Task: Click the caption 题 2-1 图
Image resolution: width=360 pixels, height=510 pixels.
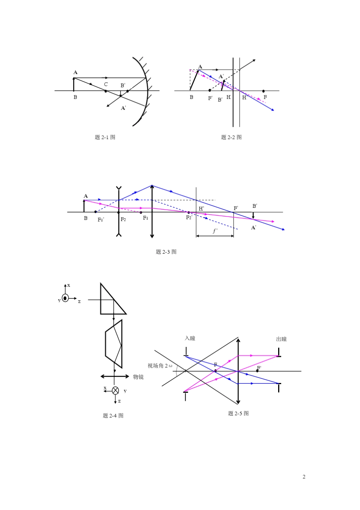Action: click(105, 137)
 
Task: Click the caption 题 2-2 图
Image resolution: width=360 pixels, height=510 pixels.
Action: click(231, 137)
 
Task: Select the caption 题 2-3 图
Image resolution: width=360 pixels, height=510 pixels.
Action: click(166, 252)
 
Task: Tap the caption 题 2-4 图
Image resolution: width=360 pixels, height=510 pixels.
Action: click(113, 416)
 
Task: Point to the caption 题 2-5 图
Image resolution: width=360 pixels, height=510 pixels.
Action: click(238, 413)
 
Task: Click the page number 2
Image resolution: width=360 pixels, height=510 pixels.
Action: click(304, 477)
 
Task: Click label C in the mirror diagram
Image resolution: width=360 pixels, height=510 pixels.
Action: click(106, 85)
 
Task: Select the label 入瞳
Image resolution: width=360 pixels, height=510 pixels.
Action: click(190, 338)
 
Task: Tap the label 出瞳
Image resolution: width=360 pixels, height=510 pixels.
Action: click(282, 339)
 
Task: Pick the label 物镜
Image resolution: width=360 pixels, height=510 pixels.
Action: click(138, 377)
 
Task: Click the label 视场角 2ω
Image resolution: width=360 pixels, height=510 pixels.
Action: click(160, 366)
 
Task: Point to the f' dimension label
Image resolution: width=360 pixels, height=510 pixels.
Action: click(215, 231)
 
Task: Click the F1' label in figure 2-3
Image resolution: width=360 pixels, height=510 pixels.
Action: click(101, 220)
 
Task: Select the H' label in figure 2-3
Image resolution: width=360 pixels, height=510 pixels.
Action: click(201, 209)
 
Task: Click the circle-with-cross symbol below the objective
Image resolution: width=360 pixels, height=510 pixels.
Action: click(116, 390)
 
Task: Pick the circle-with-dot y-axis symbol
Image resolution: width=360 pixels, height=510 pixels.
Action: click(65, 298)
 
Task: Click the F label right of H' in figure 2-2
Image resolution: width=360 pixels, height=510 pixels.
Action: click(265, 97)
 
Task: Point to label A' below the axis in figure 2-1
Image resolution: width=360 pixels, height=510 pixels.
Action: click(123, 108)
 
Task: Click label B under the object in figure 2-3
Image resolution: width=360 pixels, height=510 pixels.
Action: click(86, 218)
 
